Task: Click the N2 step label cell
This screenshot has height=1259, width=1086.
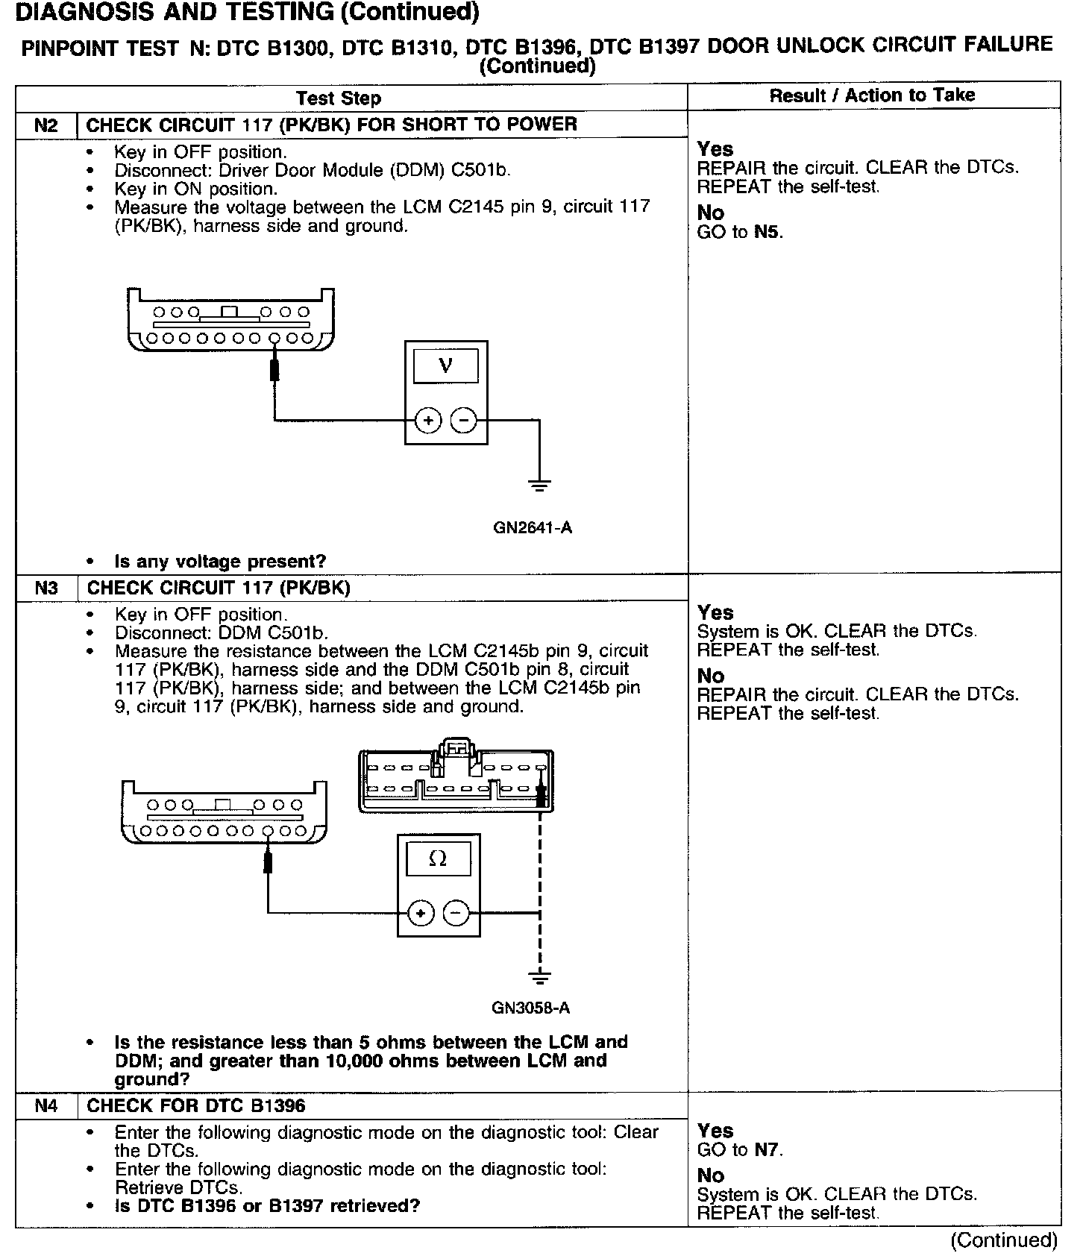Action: (45, 125)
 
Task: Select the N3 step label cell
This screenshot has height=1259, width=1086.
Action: (45, 588)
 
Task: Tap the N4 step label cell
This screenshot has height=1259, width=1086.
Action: (45, 1105)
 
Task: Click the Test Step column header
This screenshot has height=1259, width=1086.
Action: (339, 98)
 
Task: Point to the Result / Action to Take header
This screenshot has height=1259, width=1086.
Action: (872, 95)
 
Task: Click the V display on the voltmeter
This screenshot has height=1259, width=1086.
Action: (446, 365)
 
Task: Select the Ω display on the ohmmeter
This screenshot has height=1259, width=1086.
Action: (438, 858)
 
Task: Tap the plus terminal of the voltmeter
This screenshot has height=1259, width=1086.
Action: (428, 421)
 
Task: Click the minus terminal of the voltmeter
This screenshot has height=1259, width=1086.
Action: (464, 421)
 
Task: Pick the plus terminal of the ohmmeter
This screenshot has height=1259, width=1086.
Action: (421, 913)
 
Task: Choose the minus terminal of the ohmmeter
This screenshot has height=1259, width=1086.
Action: (456, 913)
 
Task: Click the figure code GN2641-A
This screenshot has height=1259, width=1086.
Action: (533, 527)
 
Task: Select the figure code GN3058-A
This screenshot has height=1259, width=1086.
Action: (530, 1008)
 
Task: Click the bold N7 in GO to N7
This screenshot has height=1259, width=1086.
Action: (768, 1149)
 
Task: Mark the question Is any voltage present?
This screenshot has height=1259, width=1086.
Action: (220, 561)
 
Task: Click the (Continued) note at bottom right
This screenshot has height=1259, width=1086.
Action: (1003, 1240)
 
